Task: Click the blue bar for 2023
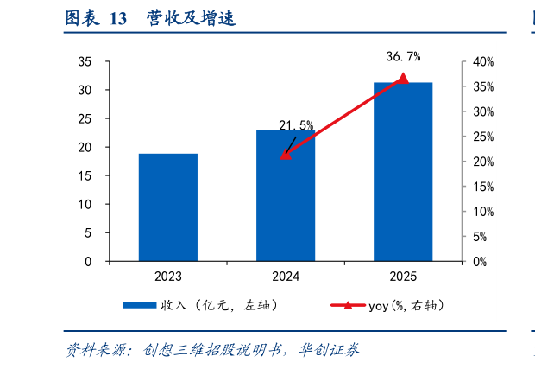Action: [168, 207]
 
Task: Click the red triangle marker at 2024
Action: [286, 155]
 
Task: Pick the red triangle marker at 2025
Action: [403, 79]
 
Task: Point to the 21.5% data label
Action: [296, 126]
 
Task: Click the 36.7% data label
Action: [403, 57]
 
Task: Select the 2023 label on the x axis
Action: [168, 277]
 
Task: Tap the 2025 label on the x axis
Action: [403, 277]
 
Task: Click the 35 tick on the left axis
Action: [85, 61]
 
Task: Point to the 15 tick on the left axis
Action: [85, 175]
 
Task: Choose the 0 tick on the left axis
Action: [88, 261]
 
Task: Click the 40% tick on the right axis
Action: [482, 61]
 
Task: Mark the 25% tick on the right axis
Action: [482, 137]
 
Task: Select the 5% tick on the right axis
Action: [480, 236]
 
